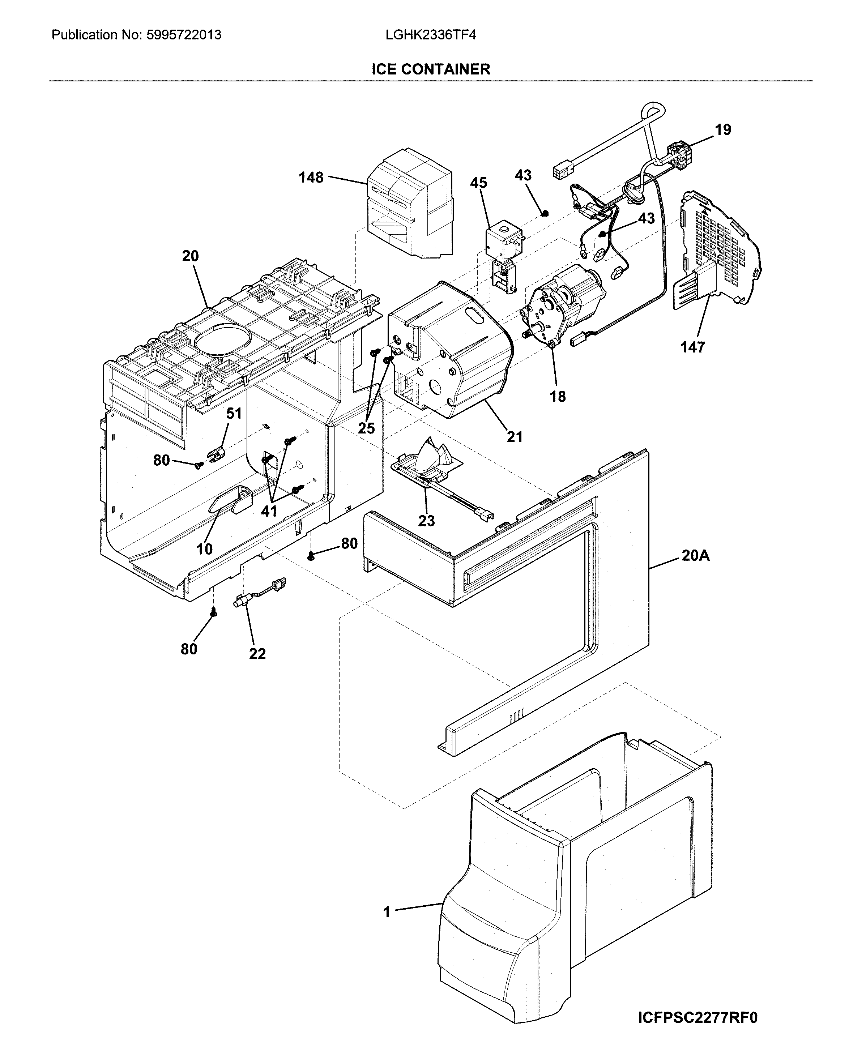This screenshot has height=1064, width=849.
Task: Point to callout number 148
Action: point(311,177)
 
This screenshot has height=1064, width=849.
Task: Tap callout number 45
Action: point(478,183)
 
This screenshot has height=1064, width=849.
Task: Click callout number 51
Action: point(234,413)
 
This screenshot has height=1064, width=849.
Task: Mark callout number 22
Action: point(257,654)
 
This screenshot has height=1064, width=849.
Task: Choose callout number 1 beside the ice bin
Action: point(387,913)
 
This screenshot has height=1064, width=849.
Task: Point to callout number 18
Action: point(558,396)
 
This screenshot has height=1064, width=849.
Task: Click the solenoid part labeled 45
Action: point(501,242)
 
